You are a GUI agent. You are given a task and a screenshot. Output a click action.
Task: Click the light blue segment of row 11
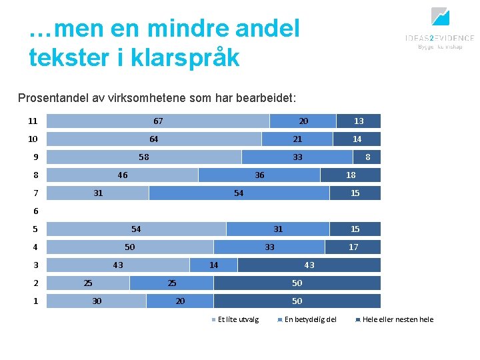[158, 121]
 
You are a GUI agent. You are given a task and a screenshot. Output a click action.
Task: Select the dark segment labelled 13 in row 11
[359, 121]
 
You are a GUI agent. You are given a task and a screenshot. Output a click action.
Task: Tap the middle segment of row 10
[297, 139]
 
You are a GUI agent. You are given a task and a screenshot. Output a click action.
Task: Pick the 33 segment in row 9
[297, 157]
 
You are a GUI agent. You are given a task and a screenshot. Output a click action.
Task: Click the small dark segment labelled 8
[367, 157]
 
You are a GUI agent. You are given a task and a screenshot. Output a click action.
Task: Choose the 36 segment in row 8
[259, 175]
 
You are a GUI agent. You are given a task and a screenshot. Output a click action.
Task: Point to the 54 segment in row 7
[239, 193]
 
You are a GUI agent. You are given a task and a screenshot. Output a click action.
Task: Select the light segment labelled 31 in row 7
[98, 193]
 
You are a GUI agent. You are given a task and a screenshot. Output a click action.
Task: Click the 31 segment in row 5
[278, 229]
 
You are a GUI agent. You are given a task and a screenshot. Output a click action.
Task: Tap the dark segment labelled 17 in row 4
[353, 247]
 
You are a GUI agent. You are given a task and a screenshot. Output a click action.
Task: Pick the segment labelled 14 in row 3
[213, 265]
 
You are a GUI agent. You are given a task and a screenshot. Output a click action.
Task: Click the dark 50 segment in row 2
[297, 283]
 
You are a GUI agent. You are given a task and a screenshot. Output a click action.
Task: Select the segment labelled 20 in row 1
[180, 301]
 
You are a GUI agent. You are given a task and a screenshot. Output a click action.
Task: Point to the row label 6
[36, 211]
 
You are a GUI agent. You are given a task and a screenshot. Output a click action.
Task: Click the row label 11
[33, 121]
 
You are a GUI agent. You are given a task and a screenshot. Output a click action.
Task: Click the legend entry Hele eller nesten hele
[397, 319]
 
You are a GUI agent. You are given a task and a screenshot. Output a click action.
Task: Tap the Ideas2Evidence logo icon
[440, 16]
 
